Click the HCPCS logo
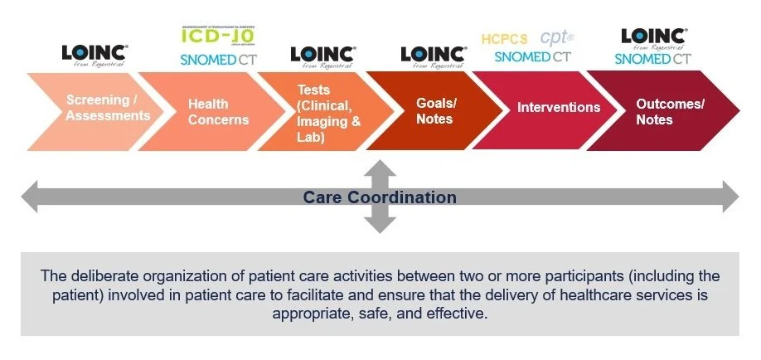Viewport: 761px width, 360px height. click(505, 39)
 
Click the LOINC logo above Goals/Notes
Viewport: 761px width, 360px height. click(433, 56)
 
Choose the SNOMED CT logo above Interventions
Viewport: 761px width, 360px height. click(532, 56)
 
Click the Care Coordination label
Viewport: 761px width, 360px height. click(380, 197)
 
